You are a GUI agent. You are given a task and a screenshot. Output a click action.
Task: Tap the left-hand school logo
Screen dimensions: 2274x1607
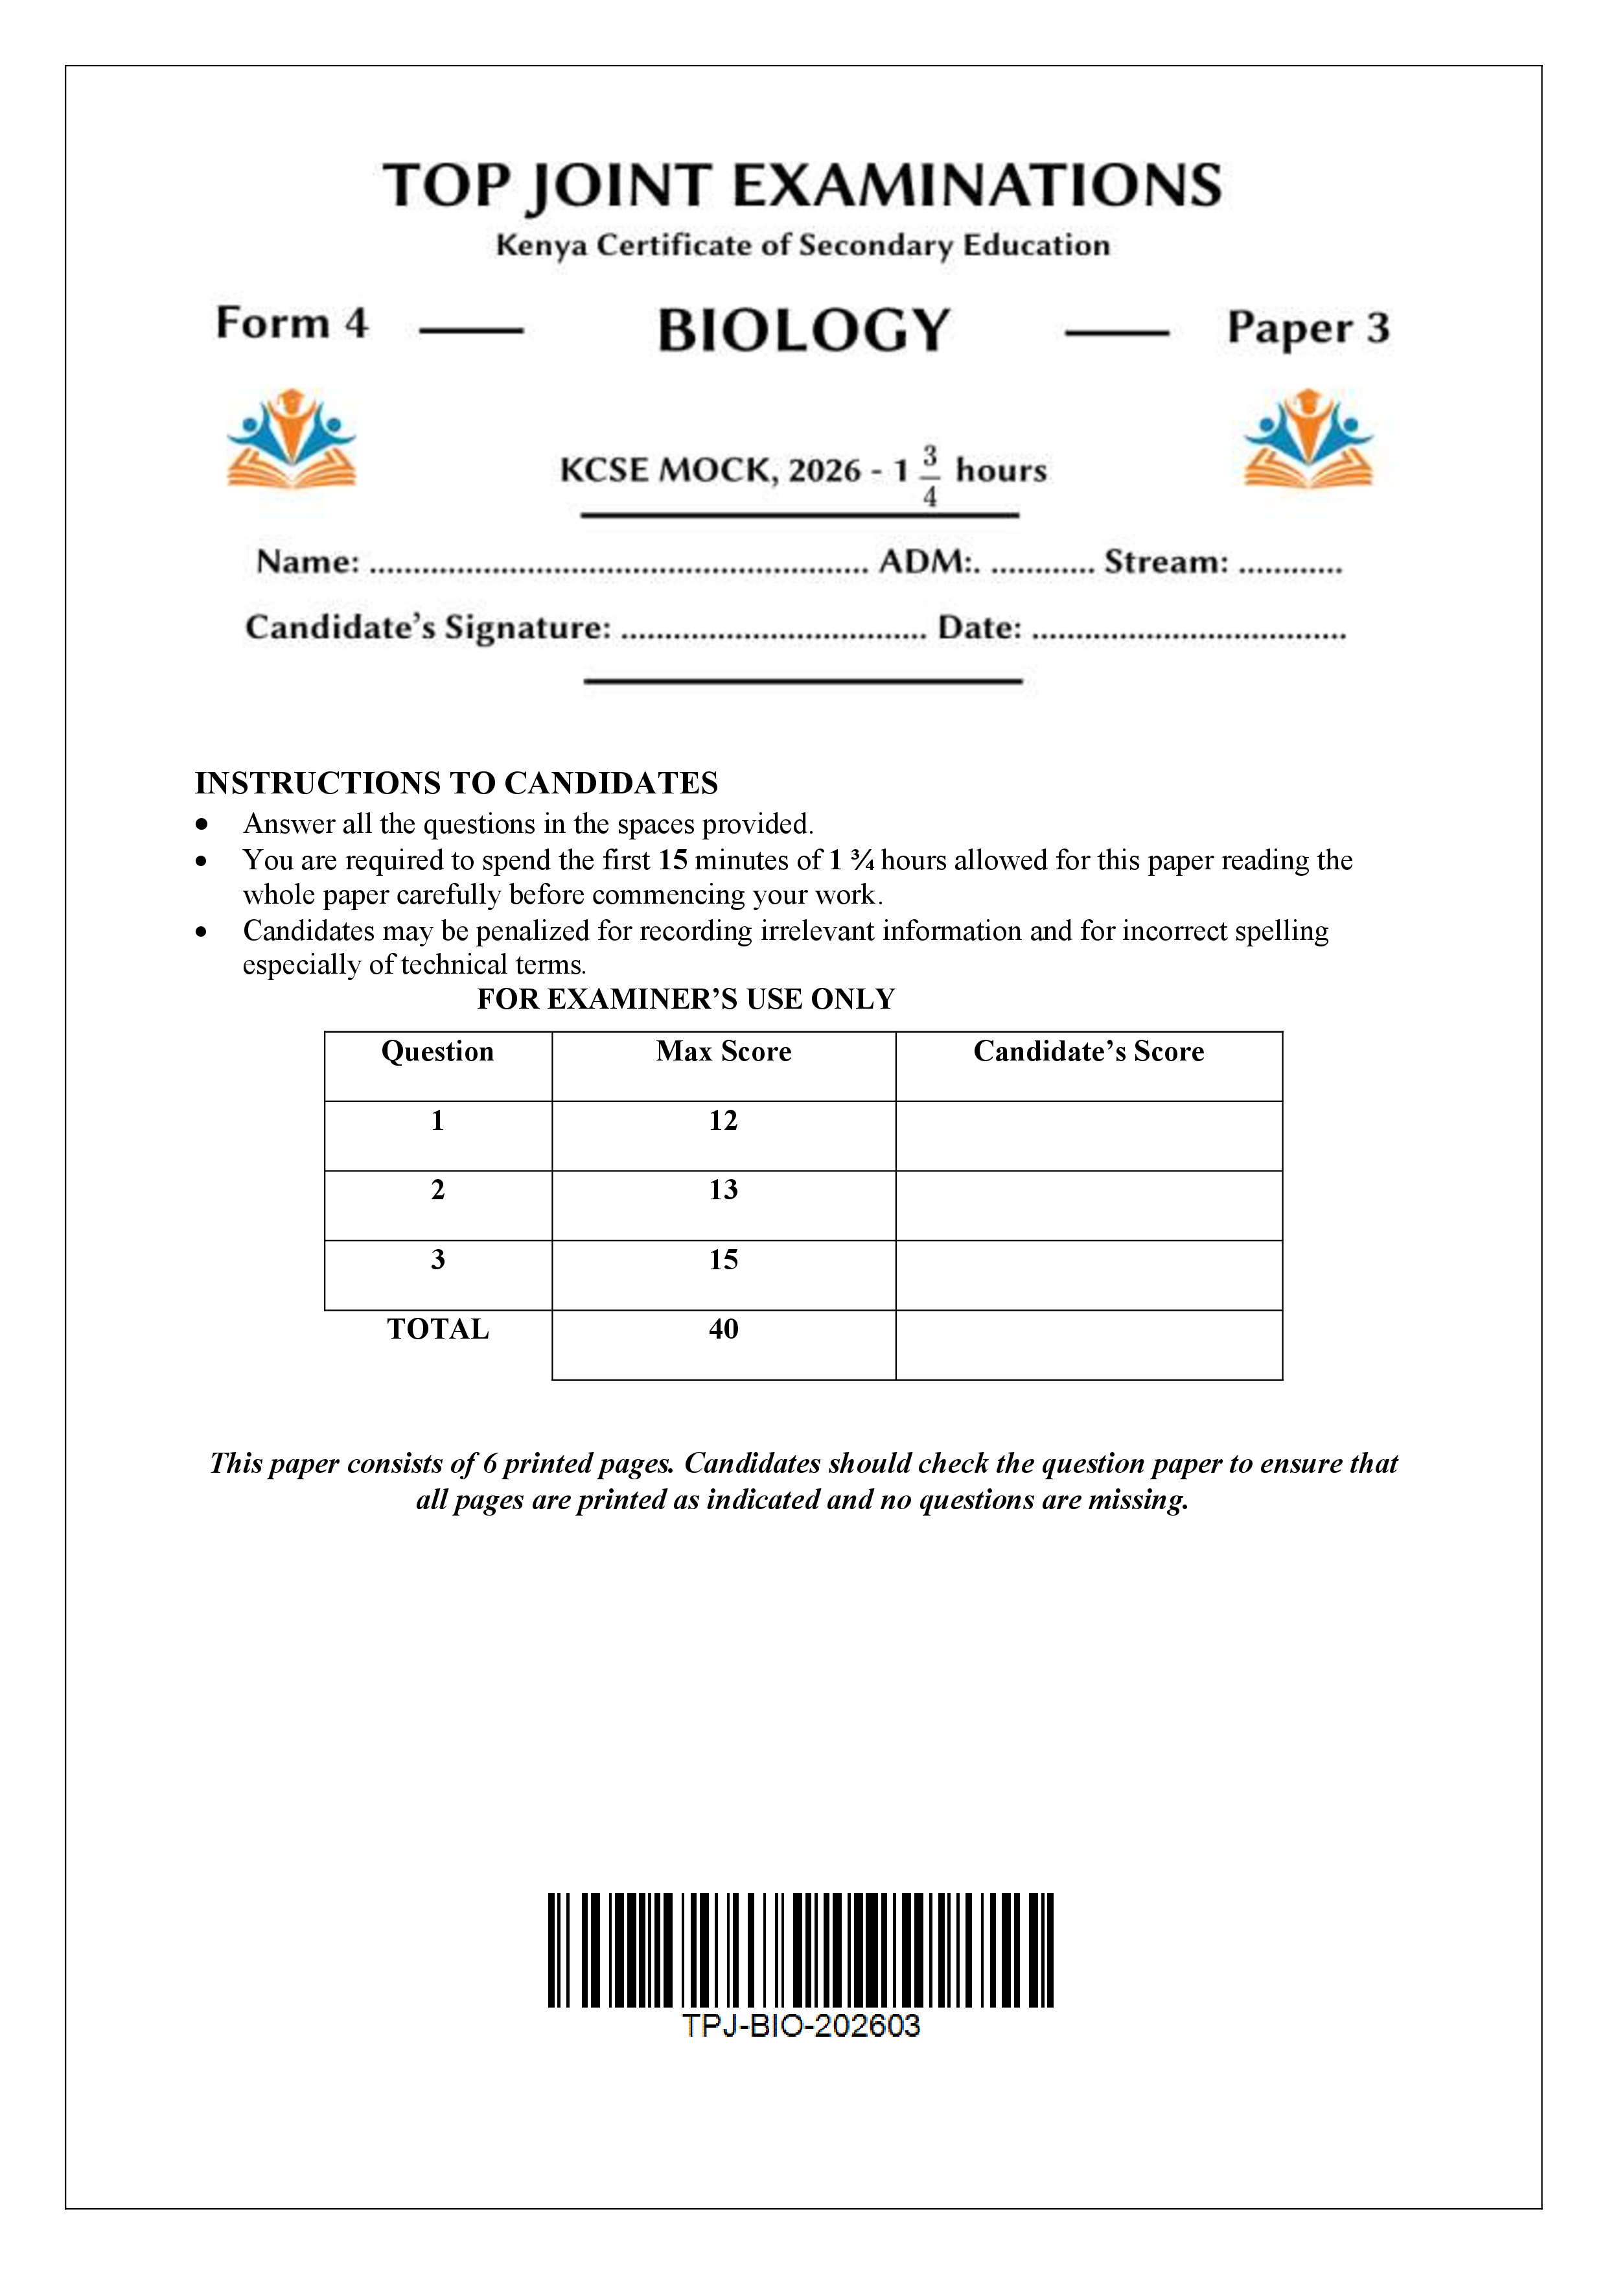click(x=291, y=439)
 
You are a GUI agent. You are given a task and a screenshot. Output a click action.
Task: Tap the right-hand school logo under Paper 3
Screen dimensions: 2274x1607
click(x=1308, y=439)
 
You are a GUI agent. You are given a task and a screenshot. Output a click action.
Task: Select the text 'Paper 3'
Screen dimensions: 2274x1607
click(x=1308, y=328)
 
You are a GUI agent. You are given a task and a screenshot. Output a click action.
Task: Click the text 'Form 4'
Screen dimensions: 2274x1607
click(x=291, y=324)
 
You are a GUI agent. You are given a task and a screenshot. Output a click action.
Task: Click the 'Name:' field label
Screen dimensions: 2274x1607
click(x=308, y=561)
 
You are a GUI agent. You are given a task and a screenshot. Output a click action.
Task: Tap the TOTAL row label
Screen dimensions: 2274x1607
click(x=437, y=1329)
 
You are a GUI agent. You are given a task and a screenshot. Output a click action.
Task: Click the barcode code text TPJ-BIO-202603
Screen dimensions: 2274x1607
click(x=800, y=2026)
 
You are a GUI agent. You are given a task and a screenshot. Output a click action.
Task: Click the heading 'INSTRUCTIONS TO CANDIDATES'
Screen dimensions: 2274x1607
click(x=456, y=784)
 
